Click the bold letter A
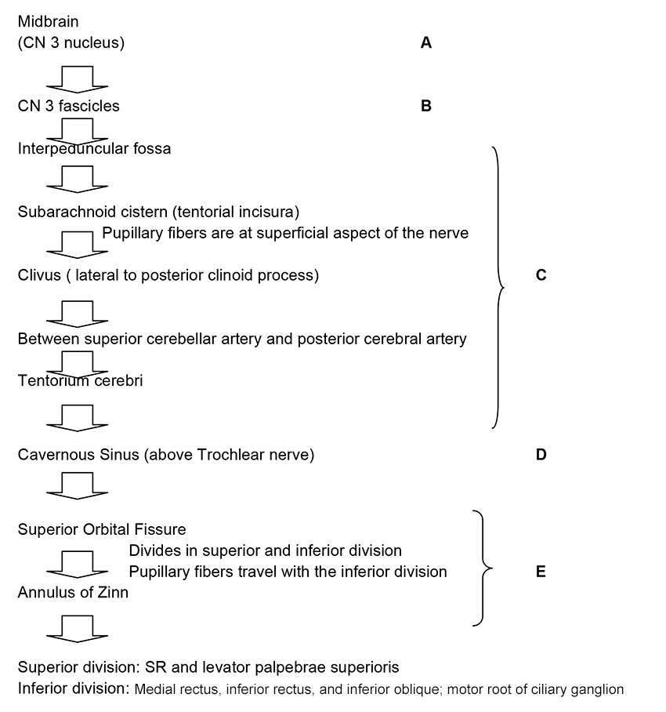click(x=426, y=43)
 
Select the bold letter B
click(x=426, y=106)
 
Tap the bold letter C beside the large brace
click(x=541, y=275)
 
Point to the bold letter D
click(x=541, y=455)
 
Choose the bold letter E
click(x=541, y=572)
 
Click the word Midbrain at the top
click(x=48, y=22)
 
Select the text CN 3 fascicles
click(x=69, y=106)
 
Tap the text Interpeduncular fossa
click(x=94, y=148)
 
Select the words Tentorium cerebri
click(x=80, y=381)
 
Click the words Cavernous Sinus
click(x=78, y=455)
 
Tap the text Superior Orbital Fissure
click(x=102, y=529)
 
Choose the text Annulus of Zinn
click(x=73, y=593)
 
